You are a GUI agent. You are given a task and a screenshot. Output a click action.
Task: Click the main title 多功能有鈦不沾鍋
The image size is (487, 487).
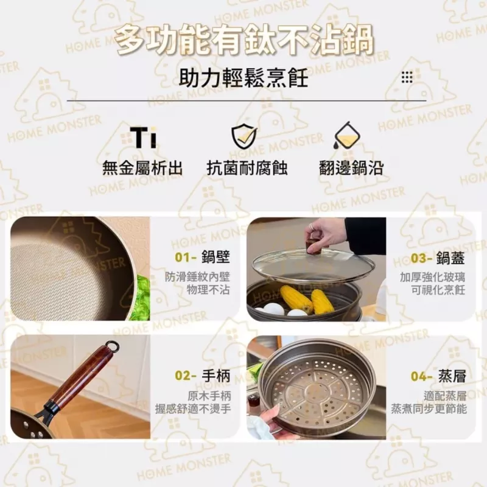(243, 41)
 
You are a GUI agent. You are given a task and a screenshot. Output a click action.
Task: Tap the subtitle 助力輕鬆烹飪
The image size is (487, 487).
(243, 78)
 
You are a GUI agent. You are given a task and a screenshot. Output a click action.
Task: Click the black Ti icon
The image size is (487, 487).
(143, 138)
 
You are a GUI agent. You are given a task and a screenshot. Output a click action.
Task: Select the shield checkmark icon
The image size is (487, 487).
(243, 136)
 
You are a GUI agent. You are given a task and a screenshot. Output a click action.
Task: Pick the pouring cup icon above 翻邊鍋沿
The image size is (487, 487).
(345, 136)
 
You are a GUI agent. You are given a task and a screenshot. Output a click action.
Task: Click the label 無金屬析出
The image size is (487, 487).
(142, 169)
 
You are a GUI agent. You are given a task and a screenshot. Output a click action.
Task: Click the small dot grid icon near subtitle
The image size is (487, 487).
(407, 77)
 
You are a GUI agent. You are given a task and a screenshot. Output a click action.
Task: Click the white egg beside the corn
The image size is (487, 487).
(273, 309)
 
